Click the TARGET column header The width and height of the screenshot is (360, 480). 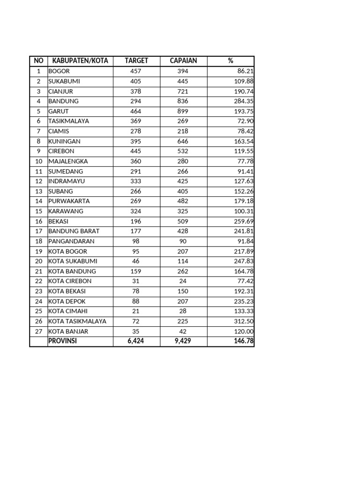136,61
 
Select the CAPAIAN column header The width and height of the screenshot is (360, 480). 183,61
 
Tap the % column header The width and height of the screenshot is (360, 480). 231,61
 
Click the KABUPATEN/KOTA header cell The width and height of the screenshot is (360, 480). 80,61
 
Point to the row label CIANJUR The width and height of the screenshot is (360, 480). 61,91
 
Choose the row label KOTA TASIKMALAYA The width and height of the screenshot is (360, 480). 77,321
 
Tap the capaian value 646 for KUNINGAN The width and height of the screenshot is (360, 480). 183,141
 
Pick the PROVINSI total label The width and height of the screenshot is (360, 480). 62,341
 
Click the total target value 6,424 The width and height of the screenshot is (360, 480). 136,341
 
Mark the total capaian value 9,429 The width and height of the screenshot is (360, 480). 183,341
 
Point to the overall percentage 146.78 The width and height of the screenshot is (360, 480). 244,341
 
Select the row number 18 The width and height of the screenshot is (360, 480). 38,241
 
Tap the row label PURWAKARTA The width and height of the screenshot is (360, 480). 69,201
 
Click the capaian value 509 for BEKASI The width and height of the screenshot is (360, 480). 183,221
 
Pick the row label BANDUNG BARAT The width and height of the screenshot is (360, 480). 74,231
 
